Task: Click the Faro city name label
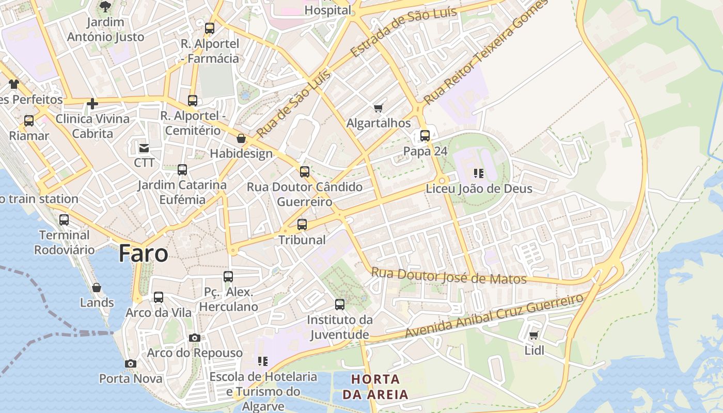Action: click(143, 253)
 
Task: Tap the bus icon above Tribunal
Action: click(302, 225)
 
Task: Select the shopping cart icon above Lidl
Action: click(534, 336)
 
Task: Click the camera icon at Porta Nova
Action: click(131, 363)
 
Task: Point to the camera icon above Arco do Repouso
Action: click(195, 338)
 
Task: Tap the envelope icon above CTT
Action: click(144, 148)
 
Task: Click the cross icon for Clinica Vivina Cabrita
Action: click(92, 104)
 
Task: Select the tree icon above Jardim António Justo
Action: click(105, 7)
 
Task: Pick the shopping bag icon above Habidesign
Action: click(241, 138)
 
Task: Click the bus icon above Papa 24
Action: click(425, 136)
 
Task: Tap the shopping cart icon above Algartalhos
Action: click(379, 108)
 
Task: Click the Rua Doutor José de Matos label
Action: click(449, 276)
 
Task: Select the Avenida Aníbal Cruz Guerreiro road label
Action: click(494, 316)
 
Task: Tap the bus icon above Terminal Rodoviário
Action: click(64, 220)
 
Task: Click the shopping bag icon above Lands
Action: click(97, 287)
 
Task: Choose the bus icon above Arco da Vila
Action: click(159, 297)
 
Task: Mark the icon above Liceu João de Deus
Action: click(479, 173)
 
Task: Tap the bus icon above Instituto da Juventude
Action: click(340, 305)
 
